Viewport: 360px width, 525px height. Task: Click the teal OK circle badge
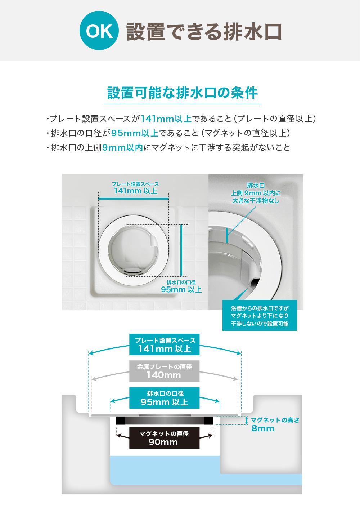[99, 31]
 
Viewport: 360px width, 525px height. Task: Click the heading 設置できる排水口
[204, 32]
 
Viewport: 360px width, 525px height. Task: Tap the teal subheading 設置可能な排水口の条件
[183, 93]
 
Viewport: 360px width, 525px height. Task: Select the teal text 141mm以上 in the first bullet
[166, 119]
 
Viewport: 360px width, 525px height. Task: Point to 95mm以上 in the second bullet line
[135, 133]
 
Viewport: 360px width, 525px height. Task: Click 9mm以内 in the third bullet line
[122, 147]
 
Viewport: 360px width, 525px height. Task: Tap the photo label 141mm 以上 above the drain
[135, 191]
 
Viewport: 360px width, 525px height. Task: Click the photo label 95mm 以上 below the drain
[181, 289]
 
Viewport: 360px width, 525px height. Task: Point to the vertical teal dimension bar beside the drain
[181, 250]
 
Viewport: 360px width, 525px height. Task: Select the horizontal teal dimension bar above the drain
[133, 199]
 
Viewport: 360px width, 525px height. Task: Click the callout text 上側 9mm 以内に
[256, 193]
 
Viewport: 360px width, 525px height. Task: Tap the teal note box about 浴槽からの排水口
[260, 316]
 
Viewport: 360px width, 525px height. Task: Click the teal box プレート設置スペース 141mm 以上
[164, 344]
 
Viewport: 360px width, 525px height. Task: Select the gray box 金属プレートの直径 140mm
[164, 371]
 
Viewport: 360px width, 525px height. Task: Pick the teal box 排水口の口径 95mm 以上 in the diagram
[164, 398]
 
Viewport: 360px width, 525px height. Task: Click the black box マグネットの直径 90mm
[164, 438]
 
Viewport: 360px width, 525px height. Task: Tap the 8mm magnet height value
[263, 428]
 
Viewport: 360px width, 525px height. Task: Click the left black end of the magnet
[121, 421]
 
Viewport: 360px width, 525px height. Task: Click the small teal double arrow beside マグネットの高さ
[247, 420]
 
